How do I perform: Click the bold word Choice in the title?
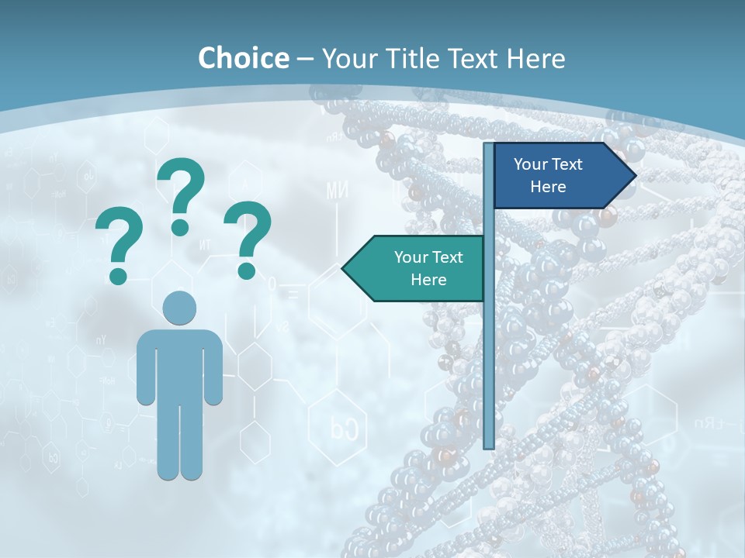243,58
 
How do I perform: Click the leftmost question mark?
119,240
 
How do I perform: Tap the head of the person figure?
179,307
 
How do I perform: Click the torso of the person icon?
179,364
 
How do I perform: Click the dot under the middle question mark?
180,227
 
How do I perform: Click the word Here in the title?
535,58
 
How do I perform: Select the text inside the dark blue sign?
548,175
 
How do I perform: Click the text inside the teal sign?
428,268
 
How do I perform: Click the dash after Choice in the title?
305,59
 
